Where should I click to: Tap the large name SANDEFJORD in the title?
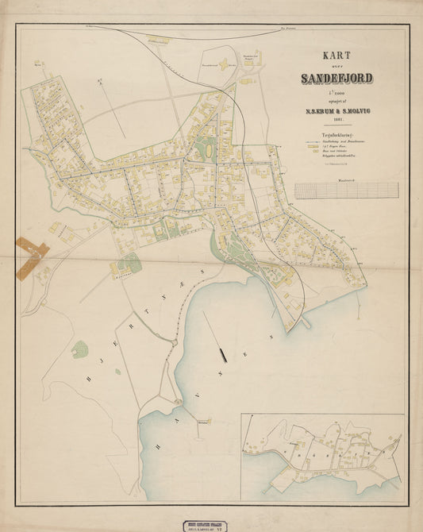coord(339,78)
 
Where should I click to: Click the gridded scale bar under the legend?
coord(347,190)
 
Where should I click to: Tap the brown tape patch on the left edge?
coord(32,256)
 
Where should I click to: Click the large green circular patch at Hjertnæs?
coord(79,349)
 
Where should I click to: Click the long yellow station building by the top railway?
coord(158,40)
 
